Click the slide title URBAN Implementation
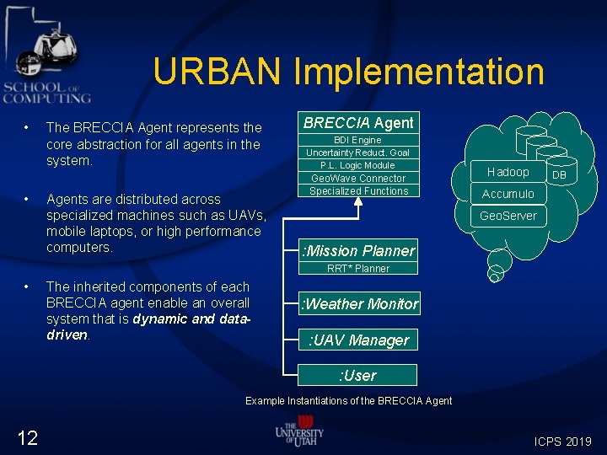[x=348, y=72]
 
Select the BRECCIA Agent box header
[x=358, y=123]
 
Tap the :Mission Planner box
[x=358, y=250]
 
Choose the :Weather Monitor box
[x=359, y=304]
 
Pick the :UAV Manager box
[x=358, y=340]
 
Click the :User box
[x=358, y=375]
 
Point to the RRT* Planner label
[x=358, y=269]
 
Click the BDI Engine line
[x=357, y=140]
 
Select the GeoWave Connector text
[x=358, y=179]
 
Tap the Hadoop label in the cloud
[x=508, y=172]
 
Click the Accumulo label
[x=508, y=194]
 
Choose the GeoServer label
[x=508, y=216]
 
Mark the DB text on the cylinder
[x=560, y=175]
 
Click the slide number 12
[x=27, y=436]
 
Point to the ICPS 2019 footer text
[x=563, y=442]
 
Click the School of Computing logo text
[x=46, y=93]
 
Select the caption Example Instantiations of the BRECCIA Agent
[x=348, y=401]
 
